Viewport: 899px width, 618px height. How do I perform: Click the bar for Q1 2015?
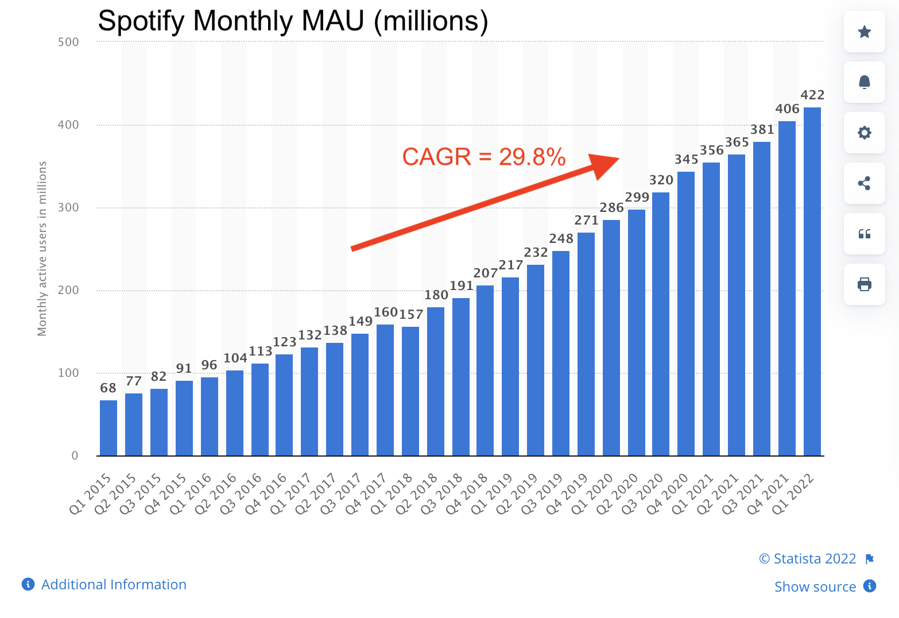[x=108, y=428]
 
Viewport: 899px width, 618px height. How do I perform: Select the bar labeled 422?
[x=812, y=281]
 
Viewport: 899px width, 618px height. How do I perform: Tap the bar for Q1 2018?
[x=410, y=391]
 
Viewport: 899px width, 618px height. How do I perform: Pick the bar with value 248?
[x=561, y=353]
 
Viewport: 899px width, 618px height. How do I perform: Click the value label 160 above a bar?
[x=386, y=312]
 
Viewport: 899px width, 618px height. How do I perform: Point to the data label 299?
[x=637, y=198]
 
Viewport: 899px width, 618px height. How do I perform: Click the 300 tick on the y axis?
[x=68, y=207]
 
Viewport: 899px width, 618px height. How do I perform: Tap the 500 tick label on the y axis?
[x=68, y=42]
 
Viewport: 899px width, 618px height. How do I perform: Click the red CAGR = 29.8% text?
[x=484, y=157]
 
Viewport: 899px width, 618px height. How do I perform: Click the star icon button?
[x=864, y=32]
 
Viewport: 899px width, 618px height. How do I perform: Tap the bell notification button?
[x=864, y=82]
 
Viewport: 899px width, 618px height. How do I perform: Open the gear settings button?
[x=864, y=133]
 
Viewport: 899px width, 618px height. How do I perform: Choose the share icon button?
[x=864, y=183]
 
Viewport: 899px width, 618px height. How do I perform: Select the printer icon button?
[x=864, y=284]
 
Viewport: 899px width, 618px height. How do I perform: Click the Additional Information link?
[x=114, y=585]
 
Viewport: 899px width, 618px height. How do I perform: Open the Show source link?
[x=815, y=587]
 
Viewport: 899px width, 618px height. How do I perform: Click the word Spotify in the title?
[x=141, y=21]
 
